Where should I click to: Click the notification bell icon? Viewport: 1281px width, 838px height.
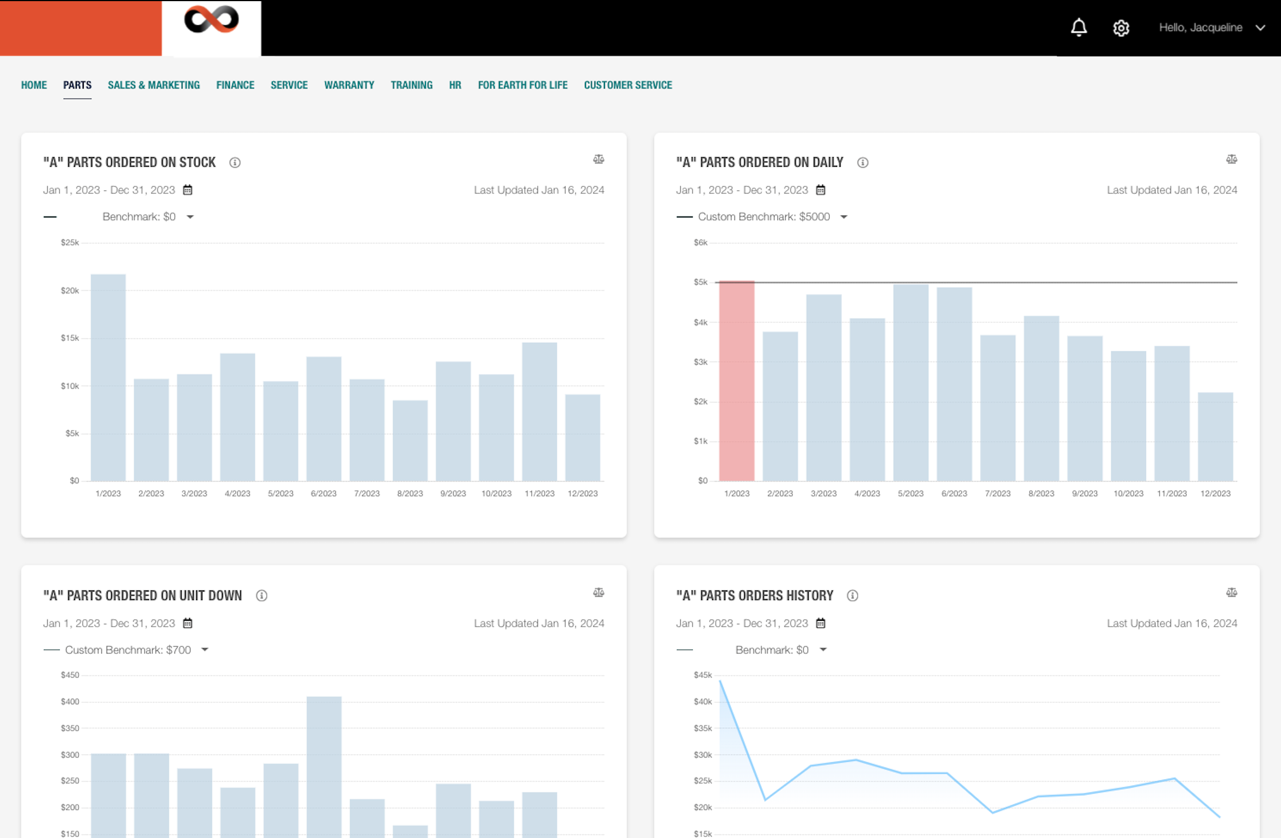(x=1079, y=28)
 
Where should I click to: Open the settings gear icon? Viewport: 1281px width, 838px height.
(x=1121, y=28)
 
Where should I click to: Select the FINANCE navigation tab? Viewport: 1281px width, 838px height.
(x=235, y=85)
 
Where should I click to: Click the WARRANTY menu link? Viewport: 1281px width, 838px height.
(x=349, y=85)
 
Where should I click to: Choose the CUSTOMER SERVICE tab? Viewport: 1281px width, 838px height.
(x=628, y=85)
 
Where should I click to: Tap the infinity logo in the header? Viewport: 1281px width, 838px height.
(x=211, y=20)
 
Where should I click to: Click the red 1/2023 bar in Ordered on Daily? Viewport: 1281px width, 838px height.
(x=737, y=381)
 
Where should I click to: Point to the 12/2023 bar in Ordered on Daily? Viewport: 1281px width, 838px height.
(x=1215, y=436)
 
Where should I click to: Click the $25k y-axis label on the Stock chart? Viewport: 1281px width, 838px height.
(x=70, y=242)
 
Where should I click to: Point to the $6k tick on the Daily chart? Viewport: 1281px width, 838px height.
(x=701, y=242)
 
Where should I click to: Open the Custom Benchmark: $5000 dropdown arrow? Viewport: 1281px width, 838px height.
(x=843, y=217)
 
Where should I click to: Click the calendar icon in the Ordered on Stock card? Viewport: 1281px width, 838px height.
(x=188, y=190)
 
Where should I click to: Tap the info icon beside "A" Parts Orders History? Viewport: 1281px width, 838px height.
(x=853, y=596)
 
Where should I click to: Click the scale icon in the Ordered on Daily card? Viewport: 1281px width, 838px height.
(x=1231, y=159)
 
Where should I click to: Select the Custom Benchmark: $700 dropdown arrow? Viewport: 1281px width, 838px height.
(x=205, y=650)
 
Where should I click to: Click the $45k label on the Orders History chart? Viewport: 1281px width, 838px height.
(x=702, y=675)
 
